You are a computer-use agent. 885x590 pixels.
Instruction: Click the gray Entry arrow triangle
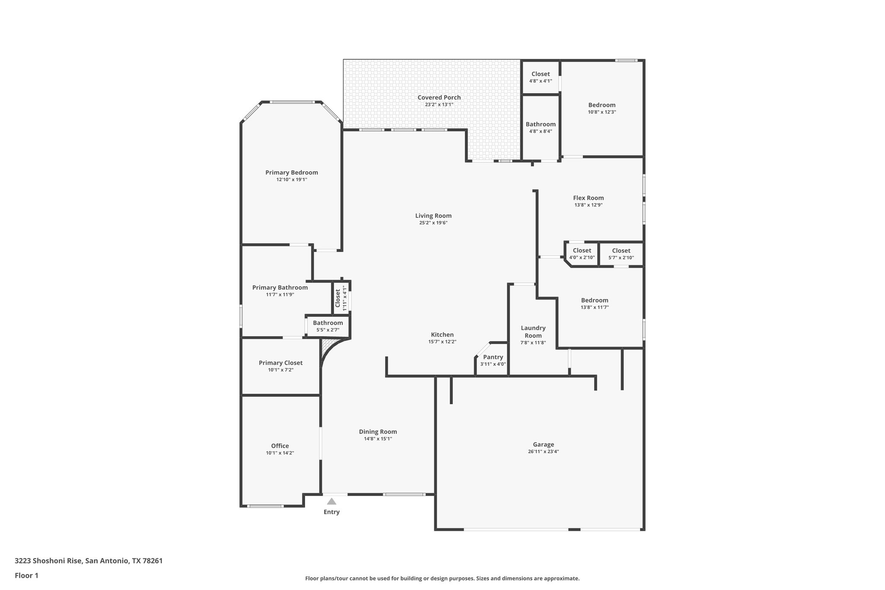331,501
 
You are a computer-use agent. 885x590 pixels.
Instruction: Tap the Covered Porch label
439,98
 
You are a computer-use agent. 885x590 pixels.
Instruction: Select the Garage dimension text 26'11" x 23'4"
543,452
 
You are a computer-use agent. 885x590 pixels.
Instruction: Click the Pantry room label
493,357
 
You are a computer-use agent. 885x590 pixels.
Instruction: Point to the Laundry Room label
533,332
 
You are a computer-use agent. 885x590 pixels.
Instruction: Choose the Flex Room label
588,198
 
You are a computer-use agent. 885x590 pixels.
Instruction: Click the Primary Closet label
280,363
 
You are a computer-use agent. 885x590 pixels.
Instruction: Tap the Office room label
280,446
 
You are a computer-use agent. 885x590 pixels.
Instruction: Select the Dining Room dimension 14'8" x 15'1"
378,439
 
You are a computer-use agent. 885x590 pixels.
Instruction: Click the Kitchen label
442,335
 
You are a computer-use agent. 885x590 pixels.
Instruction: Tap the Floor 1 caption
26,576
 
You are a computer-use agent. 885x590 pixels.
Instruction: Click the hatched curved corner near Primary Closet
327,348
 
